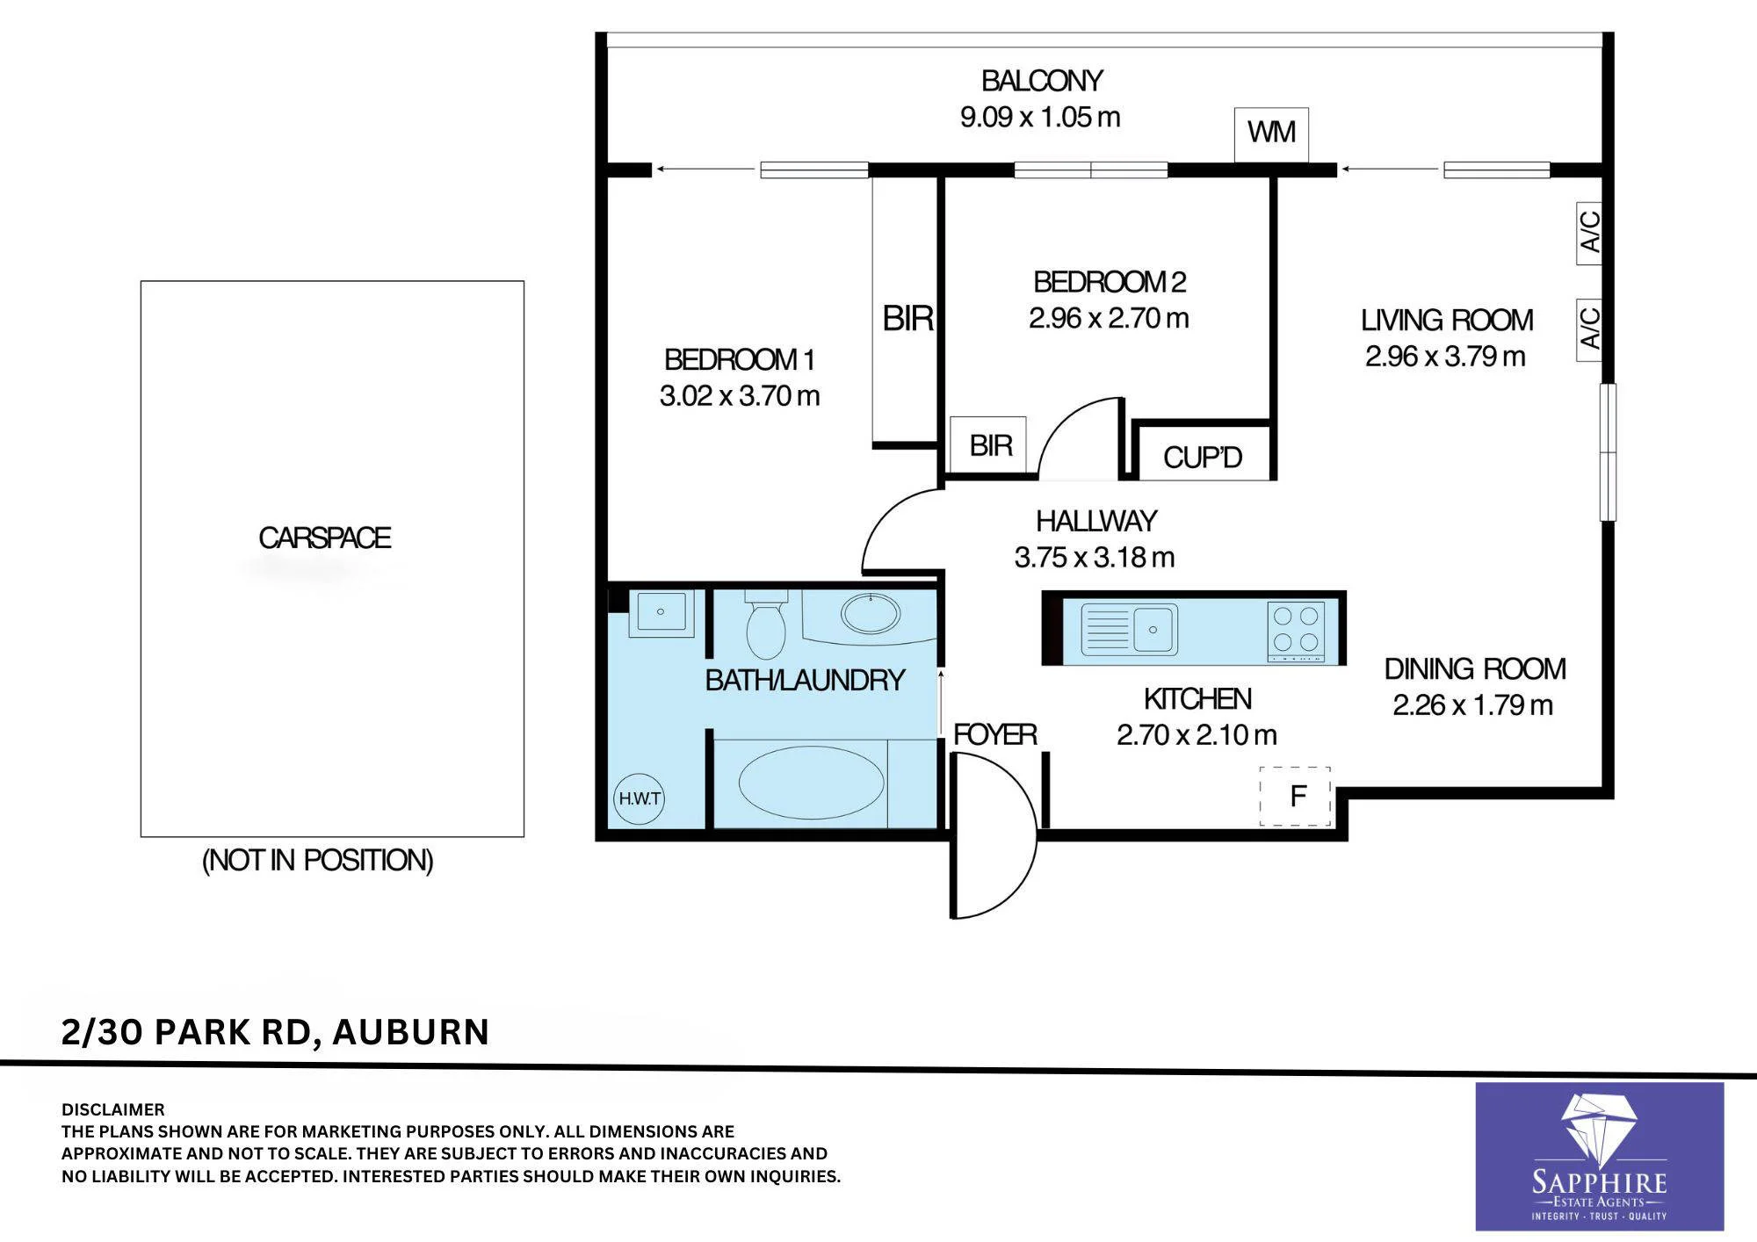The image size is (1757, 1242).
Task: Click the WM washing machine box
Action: coord(1271,134)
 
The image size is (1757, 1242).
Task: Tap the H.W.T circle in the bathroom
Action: coord(639,798)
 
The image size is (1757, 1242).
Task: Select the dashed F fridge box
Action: coord(1296,796)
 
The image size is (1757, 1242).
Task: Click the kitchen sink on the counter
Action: coord(1129,629)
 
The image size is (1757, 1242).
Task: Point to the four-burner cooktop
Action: coord(1298,631)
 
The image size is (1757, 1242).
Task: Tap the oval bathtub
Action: coord(811,783)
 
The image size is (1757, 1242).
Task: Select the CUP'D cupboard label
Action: coord(1203,457)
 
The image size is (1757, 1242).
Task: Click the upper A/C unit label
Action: coord(1589,232)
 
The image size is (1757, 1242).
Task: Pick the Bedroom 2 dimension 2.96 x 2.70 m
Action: coord(1109,318)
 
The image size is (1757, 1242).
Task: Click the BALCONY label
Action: coord(1041,81)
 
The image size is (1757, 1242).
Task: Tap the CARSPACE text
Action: coord(324,538)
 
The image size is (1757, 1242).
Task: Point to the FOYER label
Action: coord(995,734)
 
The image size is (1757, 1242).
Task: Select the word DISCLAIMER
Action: coord(112,1109)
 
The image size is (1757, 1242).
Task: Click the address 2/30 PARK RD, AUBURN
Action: coord(275,1031)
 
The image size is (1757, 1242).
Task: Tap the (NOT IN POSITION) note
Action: coord(318,860)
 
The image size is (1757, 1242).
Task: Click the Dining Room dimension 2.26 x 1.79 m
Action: coord(1472,705)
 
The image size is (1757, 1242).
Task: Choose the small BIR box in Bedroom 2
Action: coord(988,445)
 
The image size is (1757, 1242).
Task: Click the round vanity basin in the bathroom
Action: coord(871,613)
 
